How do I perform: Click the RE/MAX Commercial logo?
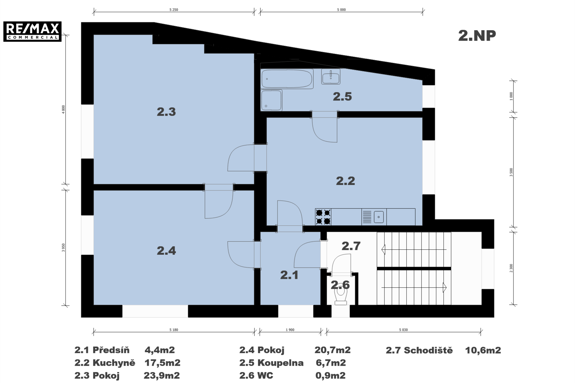tap(32, 31)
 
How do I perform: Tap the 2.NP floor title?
tap(477, 36)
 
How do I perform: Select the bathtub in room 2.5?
tap(287, 79)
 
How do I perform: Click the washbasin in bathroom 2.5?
tap(331, 76)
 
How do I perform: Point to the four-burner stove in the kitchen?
tap(323, 217)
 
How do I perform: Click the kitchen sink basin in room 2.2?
tap(379, 217)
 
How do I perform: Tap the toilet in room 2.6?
tap(341, 294)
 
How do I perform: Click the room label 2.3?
tap(166, 112)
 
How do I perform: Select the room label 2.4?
tap(166, 251)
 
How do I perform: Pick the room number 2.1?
tap(289, 275)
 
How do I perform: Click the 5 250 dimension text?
tap(174, 10)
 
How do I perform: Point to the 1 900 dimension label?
tap(290, 330)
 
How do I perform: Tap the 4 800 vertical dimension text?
tap(63, 109)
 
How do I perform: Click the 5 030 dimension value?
tap(403, 330)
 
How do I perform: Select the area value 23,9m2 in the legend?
tap(162, 375)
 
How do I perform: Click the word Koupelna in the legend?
tap(281, 363)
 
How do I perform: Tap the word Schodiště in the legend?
tap(428, 350)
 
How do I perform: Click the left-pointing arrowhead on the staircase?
tap(383, 249)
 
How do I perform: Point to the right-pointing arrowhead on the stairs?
tap(445, 287)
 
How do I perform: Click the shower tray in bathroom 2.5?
tap(271, 100)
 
